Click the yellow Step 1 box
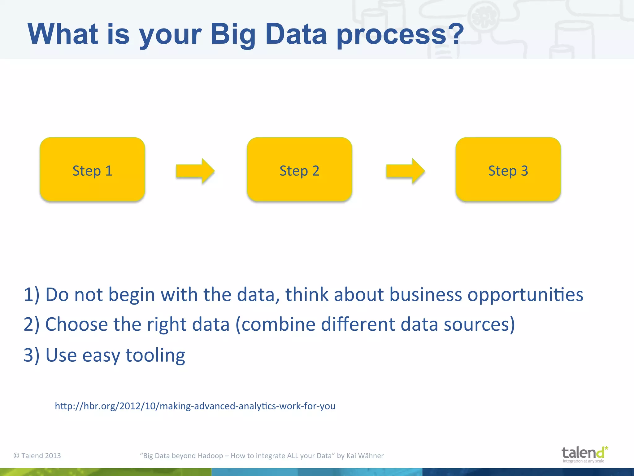coord(92,170)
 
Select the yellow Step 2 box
coord(299,170)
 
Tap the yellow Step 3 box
coord(508,170)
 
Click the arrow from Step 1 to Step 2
coord(195,171)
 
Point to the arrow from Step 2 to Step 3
coord(405,171)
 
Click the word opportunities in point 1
coord(525,295)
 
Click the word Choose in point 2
coord(76,324)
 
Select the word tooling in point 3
coord(155,355)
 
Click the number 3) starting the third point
coord(32,355)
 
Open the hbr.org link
coord(195,406)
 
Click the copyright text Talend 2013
coord(37,456)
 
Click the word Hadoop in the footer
coord(210,456)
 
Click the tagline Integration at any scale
coord(583,461)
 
